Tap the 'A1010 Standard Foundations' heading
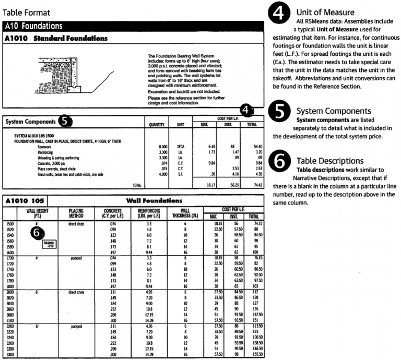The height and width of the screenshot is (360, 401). (56, 39)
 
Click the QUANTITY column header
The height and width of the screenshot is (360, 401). (156, 125)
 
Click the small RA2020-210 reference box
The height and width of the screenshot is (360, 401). (49, 243)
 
